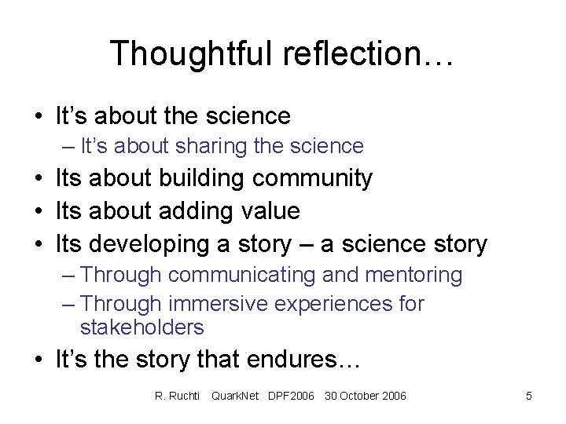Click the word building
202,178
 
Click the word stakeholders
141,327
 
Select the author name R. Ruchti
178,396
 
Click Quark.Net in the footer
235,396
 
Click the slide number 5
529,396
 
